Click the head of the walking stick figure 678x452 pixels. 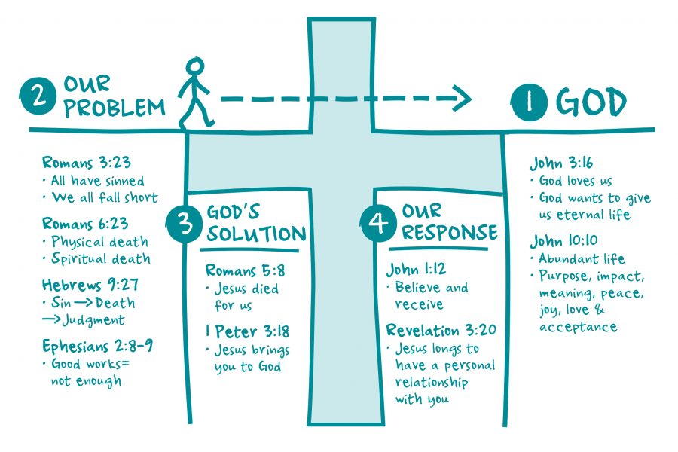[195, 67]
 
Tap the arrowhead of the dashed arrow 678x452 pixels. [461, 98]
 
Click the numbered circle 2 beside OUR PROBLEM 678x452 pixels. [37, 97]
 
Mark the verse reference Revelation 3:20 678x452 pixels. [441, 331]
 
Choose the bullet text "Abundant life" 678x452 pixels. [581, 258]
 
